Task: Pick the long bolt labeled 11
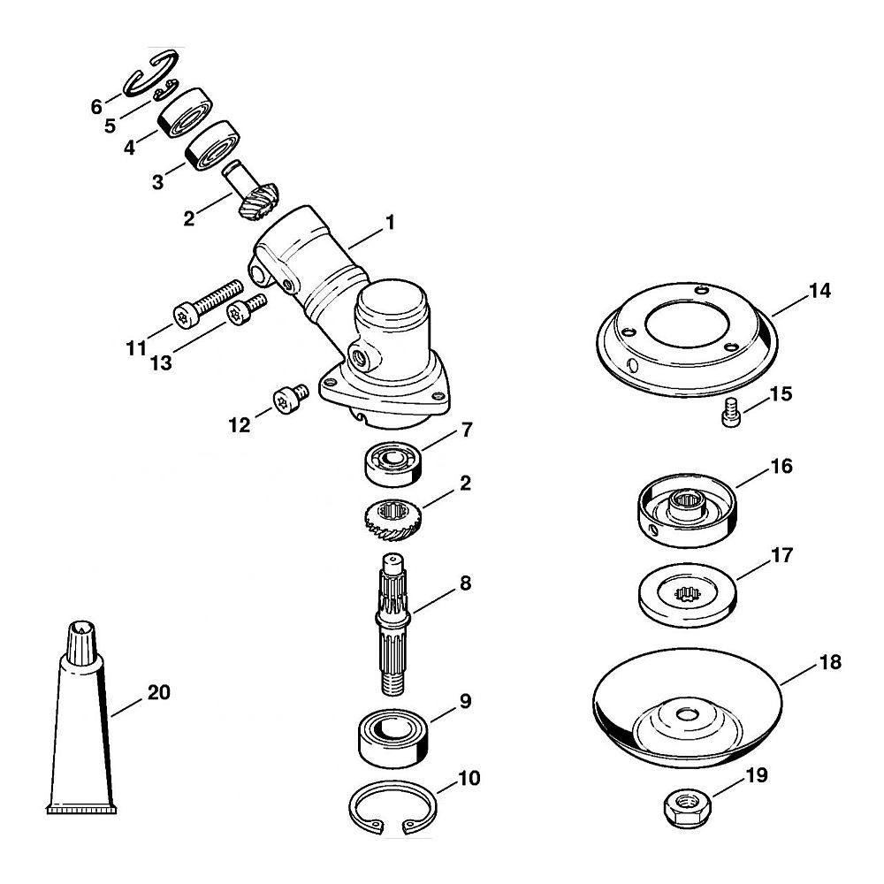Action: point(206,303)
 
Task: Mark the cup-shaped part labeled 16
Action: point(687,511)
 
